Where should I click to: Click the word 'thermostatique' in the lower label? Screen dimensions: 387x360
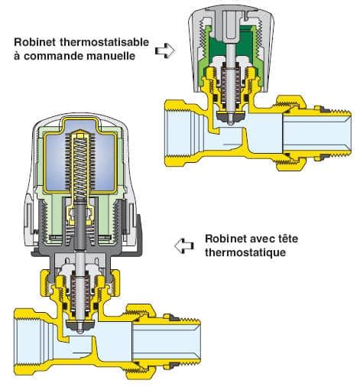coord(244,252)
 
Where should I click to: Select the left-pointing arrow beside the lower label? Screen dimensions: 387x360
coord(183,246)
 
